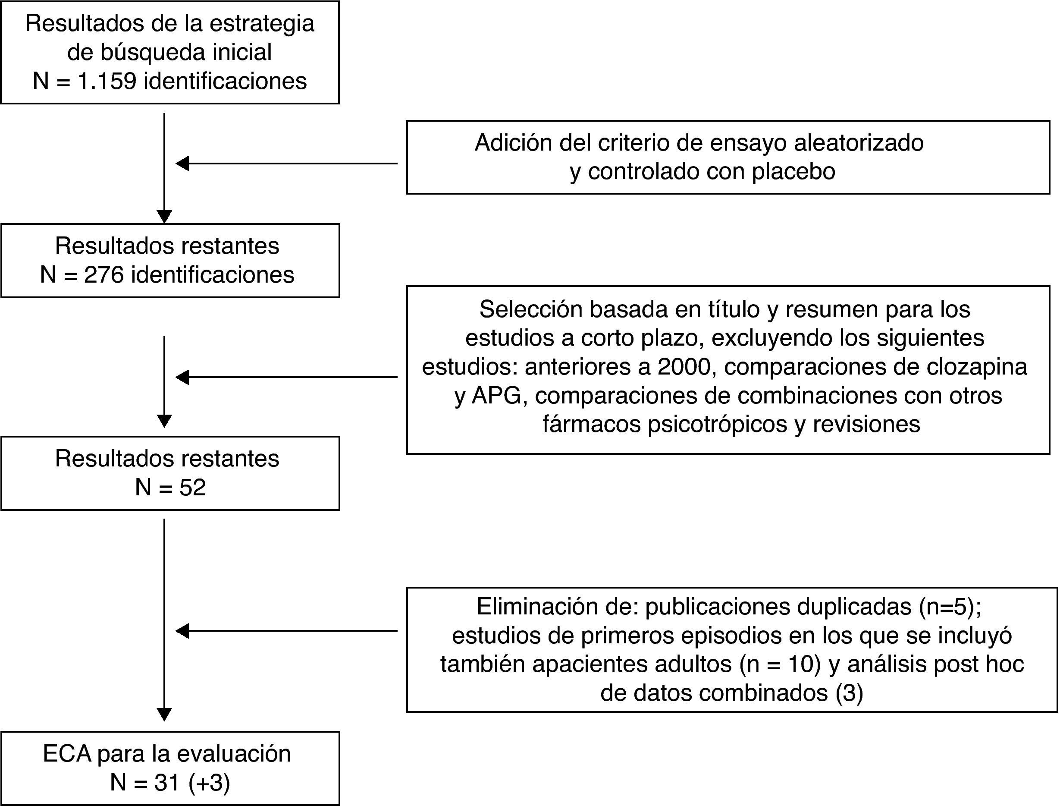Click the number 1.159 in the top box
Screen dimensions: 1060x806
pyautogui.click(x=107, y=81)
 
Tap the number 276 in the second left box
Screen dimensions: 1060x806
pyautogui.click(x=103, y=275)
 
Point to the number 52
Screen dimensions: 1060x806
pyautogui.click(x=192, y=488)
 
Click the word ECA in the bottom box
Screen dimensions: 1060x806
pyautogui.click(x=67, y=754)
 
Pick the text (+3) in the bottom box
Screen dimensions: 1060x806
pyautogui.click(x=209, y=783)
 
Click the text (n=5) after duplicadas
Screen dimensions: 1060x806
pyautogui.click(x=949, y=607)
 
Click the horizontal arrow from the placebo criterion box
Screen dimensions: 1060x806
pyautogui.click(x=286, y=164)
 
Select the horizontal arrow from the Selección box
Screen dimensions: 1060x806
pyautogui.click(x=286, y=377)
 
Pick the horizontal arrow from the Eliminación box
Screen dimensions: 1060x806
pyautogui.click(x=286, y=631)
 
